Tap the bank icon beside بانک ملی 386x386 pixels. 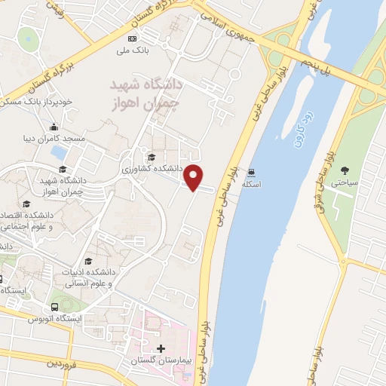pos(133,38)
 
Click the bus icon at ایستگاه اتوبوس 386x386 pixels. pos(54,308)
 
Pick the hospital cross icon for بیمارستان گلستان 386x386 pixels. pos(160,349)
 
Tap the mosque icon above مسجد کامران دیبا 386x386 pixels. pos(54,127)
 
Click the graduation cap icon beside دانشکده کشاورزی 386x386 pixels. pos(152,158)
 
